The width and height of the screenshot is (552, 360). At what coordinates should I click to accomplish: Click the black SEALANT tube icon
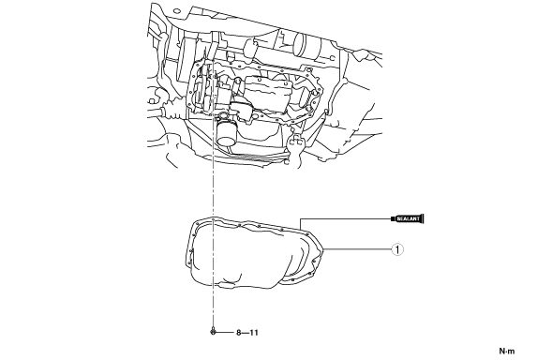tap(408, 218)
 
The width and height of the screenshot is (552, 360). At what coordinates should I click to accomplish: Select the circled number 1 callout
tap(397, 249)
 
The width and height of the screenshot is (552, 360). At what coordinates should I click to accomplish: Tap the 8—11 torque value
tap(247, 333)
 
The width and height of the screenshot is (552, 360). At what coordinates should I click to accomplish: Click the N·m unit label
tap(507, 351)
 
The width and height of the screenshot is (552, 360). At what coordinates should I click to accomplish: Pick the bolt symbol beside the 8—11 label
tap(213, 331)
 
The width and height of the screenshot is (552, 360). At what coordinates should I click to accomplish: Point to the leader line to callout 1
tap(358, 249)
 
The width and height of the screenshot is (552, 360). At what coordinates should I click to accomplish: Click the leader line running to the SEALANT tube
tap(345, 218)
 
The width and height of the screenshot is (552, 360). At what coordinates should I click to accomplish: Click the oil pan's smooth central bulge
tap(246, 254)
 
